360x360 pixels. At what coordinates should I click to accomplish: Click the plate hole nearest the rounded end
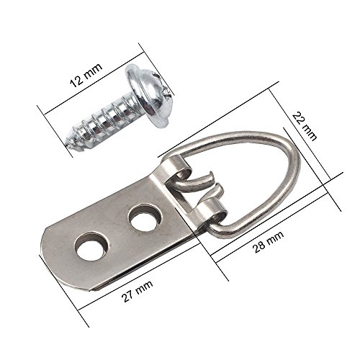[91, 247]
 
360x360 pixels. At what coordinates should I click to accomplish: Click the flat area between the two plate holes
[118, 232]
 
